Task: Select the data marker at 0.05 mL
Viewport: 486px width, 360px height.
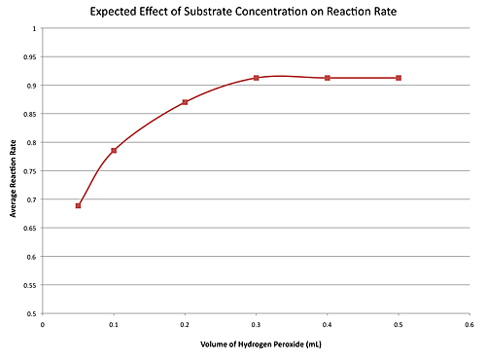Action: tap(78, 205)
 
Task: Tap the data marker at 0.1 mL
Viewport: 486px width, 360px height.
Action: tap(114, 150)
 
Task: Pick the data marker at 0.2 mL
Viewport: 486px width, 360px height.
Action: tap(185, 102)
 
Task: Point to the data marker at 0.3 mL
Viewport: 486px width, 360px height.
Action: tap(256, 78)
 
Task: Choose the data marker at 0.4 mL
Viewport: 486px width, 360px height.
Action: tap(328, 78)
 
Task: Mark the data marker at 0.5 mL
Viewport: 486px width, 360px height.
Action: tap(399, 78)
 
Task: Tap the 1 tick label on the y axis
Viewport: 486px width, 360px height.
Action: tap(34, 28)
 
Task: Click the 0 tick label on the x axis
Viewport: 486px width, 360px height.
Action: tap(43, 325)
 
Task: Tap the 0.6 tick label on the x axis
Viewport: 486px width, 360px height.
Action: tap(469, 325)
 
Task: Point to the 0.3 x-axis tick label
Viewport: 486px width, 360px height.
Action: tap(256, 325)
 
